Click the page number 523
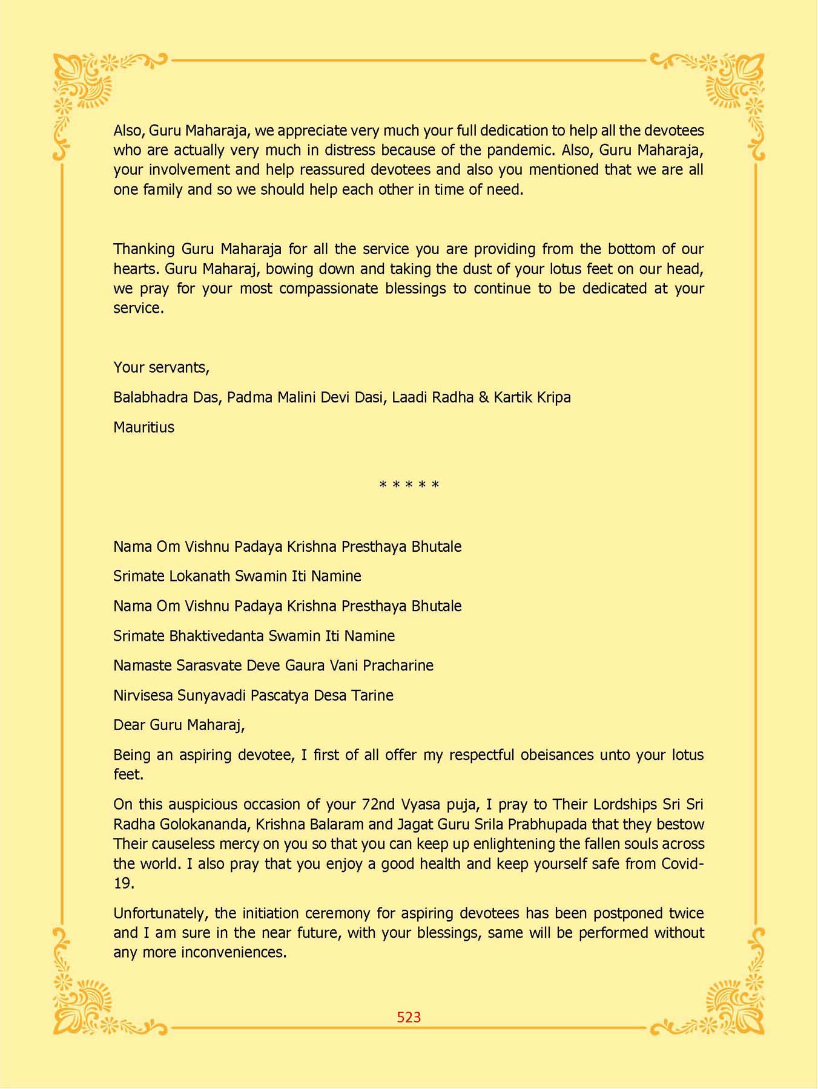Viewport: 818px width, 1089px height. click(x=409, y=1017)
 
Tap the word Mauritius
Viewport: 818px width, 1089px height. click(x=143, y=427)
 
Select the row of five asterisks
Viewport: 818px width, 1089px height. click(x=409, y=485)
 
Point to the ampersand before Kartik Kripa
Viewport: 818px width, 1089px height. click(x=484, y=397)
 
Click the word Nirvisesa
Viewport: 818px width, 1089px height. click(x=143, y=695)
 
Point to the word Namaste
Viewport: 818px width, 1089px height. click(x=142, y=665)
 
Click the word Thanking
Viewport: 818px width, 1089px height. click(x=144, y=249)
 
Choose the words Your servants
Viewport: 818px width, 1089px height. click(x=161, y=367)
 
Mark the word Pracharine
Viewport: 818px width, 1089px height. click(x=398, y=665)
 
